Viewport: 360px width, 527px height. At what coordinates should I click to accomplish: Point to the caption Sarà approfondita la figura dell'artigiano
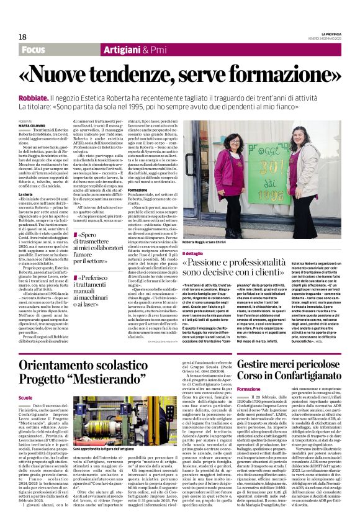[x=104, y=448]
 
